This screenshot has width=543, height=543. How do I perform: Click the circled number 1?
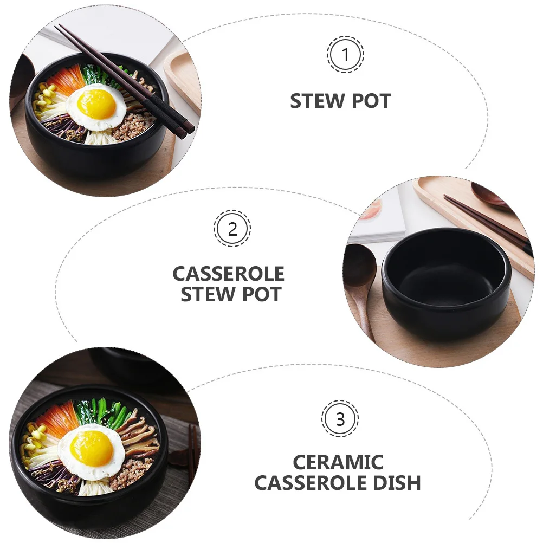click(345, 55)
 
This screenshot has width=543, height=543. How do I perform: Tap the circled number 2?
click(232, 229)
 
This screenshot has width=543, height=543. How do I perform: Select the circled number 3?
click(340, 419)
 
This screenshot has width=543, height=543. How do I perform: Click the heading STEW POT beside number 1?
click(340, 101)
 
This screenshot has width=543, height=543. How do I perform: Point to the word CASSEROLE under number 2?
click(228, 274)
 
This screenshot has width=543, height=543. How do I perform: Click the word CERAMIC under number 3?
click(338, 462)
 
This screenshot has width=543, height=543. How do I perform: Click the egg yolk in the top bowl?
click(96, 104)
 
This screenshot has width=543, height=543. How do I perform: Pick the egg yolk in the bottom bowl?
click(91, 448)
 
